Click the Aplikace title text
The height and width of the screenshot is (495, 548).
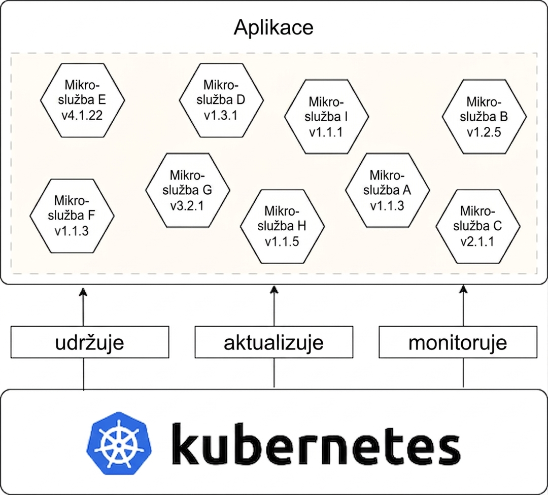(273, 27)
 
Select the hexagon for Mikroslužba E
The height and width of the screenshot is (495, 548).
(83, 100)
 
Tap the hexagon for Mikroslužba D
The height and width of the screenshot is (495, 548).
(221, 100)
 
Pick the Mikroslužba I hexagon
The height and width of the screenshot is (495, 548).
(326, 117)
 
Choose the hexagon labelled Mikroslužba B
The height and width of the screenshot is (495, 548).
(484, 117)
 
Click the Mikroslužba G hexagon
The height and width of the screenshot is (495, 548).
(188, 190)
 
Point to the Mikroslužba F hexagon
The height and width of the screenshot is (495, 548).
(72, 216)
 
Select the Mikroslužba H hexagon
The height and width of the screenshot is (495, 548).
(283, 226)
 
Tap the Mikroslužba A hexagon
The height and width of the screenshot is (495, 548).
(388, 190)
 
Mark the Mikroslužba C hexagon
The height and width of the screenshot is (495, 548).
(478, 226)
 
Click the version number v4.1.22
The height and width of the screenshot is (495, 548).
(82, 115)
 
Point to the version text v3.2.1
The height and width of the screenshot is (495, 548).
(187, 205)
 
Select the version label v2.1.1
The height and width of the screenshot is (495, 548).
(477, 241)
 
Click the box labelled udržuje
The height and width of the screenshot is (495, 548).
(90, 342)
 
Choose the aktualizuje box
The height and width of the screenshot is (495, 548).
(273, 342)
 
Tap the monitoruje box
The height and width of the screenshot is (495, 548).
(458, 342)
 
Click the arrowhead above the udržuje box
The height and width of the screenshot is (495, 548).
(83, 292)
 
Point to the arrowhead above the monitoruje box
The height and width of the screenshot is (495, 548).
(463, 289)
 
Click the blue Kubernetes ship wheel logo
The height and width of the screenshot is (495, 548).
(118, 444)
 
